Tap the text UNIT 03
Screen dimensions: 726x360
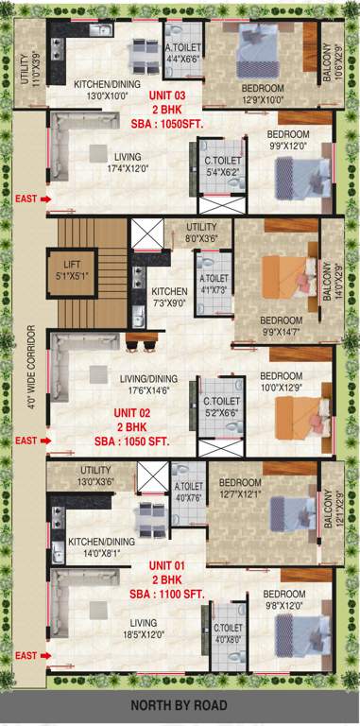[x=166, y=96]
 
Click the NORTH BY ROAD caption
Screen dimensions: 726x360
[x=180, y=704]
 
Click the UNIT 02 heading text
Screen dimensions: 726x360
[x=132, y=413]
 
